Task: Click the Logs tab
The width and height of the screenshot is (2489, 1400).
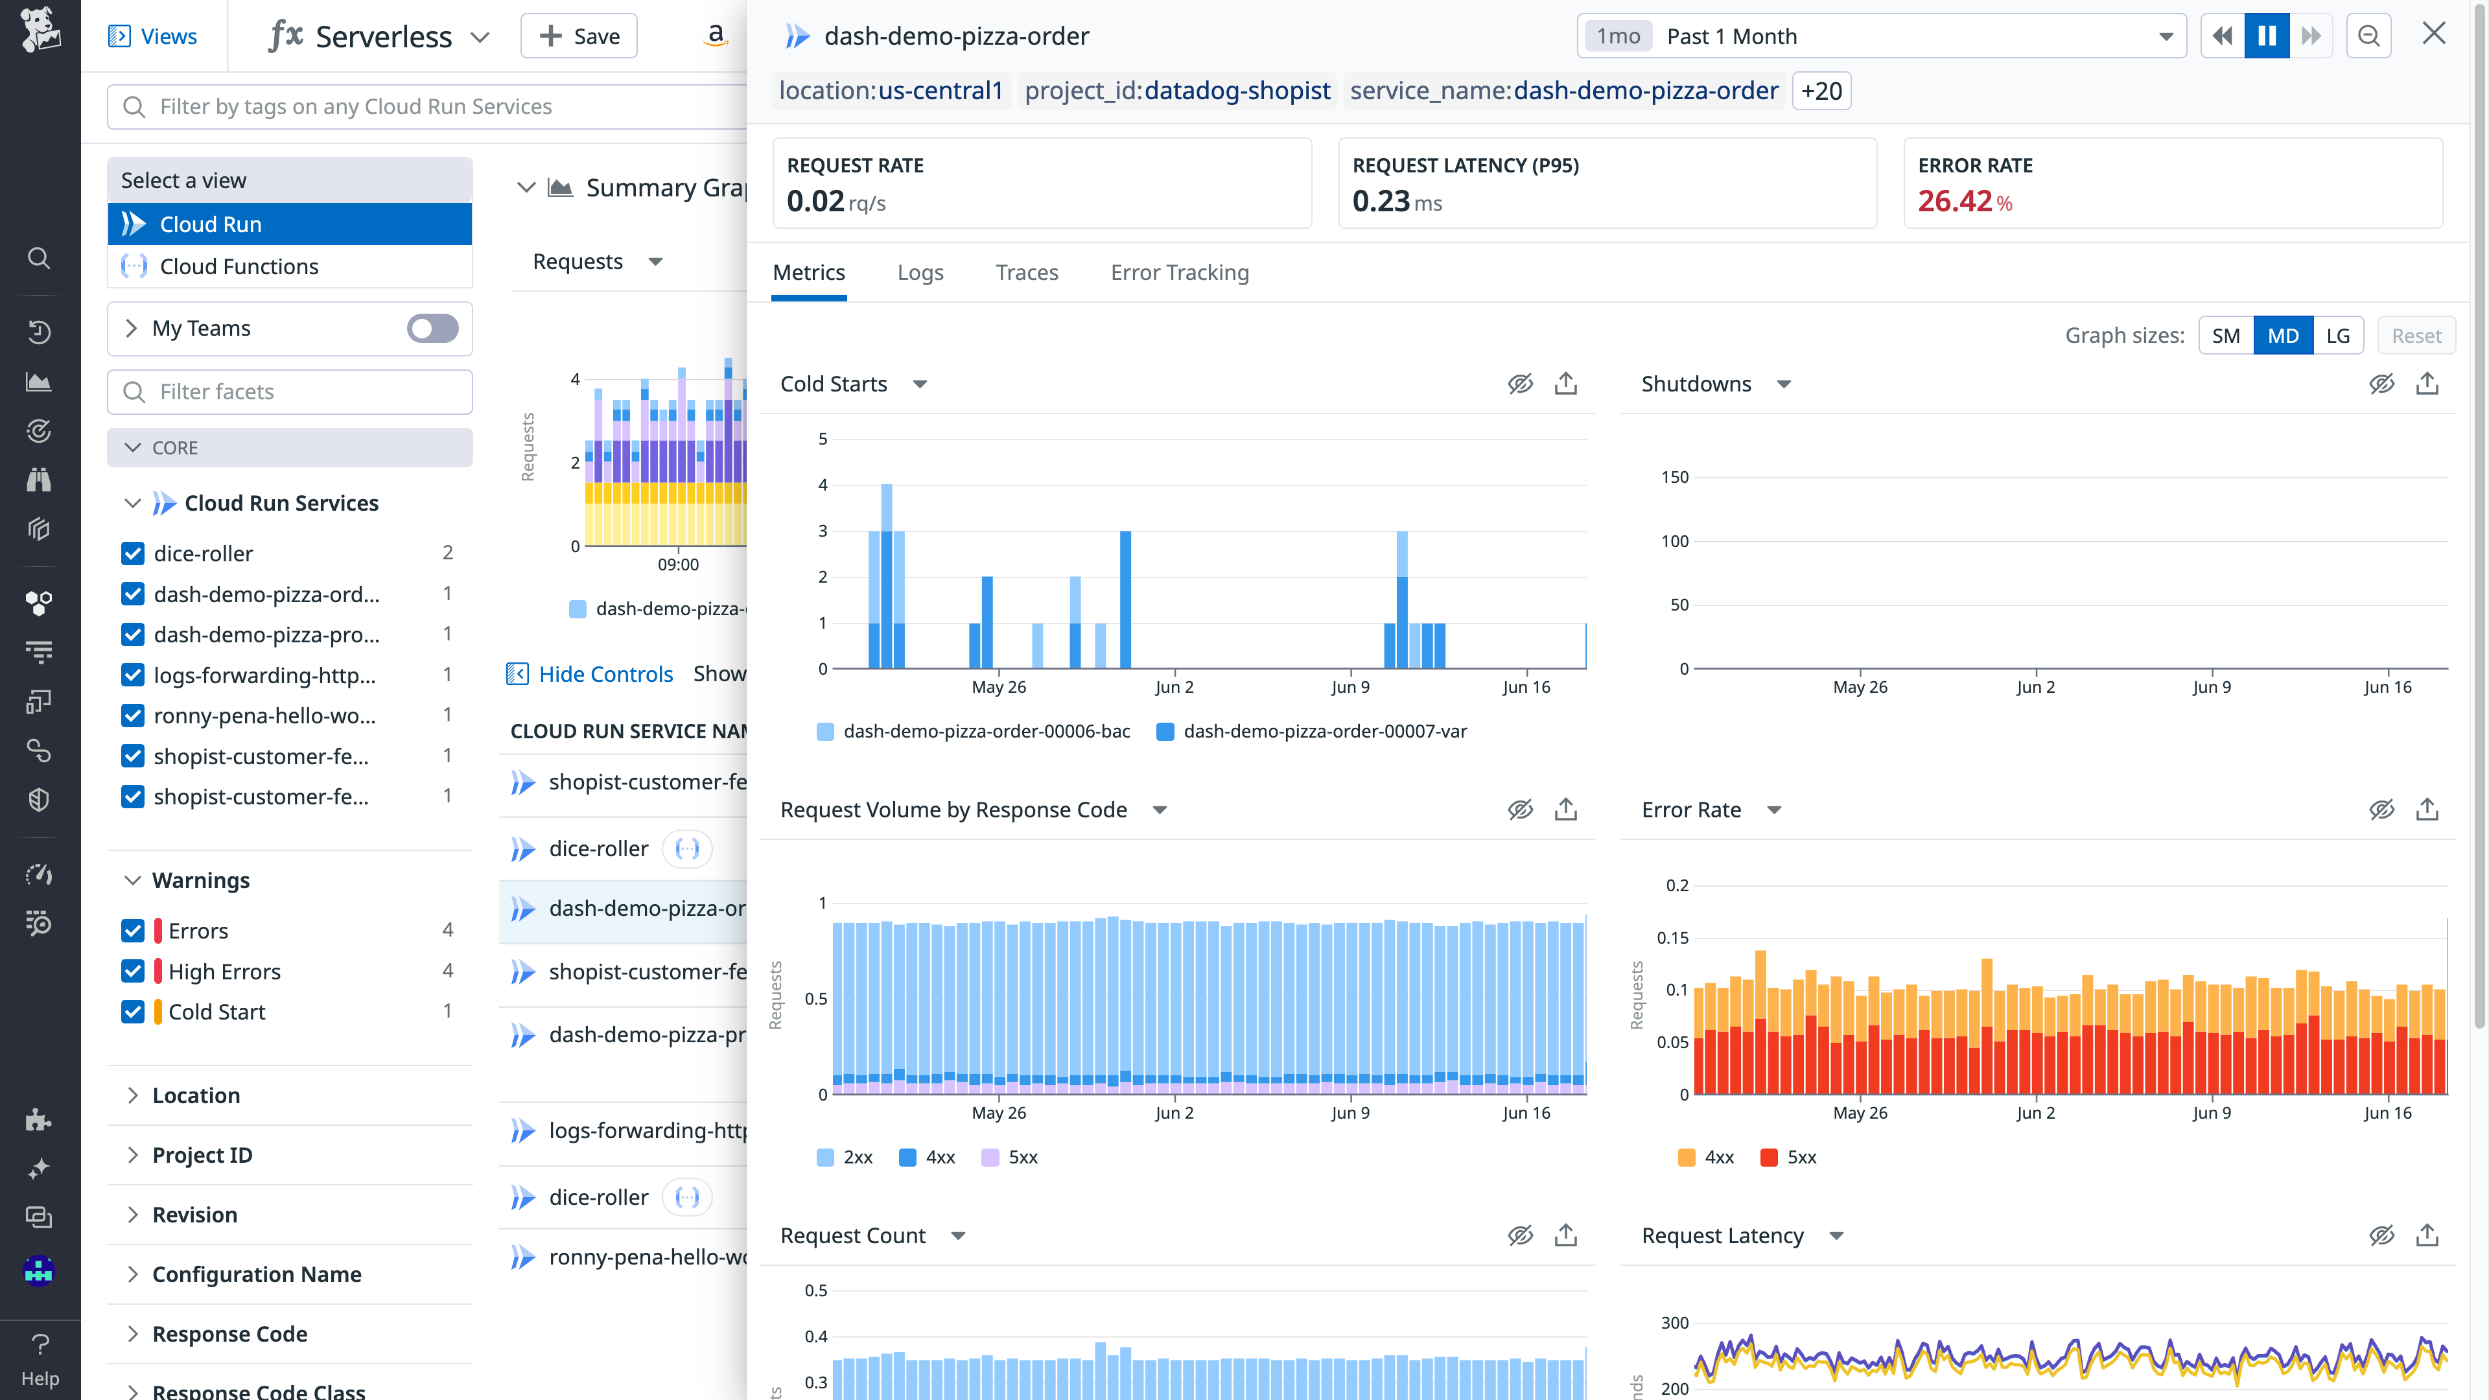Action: click(x=920, y=272)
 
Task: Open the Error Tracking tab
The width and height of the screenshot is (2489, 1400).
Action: click(x=1179, y=272)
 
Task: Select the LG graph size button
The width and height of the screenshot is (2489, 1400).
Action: click(x=2337, y=335)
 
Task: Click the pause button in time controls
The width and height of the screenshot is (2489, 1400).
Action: click(x=2267, y=36)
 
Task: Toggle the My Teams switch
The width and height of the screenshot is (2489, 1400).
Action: click(x=432, y=329)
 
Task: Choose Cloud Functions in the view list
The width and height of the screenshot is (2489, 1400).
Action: click(x=239, y=266)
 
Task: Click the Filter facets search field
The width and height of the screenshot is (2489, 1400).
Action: click(x=290, y=391)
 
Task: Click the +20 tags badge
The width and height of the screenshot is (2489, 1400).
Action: click(x=1821, y=91)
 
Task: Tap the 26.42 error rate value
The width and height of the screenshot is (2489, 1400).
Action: click(x=1955, y=201)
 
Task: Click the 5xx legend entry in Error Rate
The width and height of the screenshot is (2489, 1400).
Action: click(x=1800, y=1158)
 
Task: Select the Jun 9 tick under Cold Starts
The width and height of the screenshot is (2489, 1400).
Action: click(x=1350, y=687)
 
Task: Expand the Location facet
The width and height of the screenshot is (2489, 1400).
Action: click(x=196, y=1095)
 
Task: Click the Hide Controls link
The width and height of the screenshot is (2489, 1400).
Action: click(x=605, y=674)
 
